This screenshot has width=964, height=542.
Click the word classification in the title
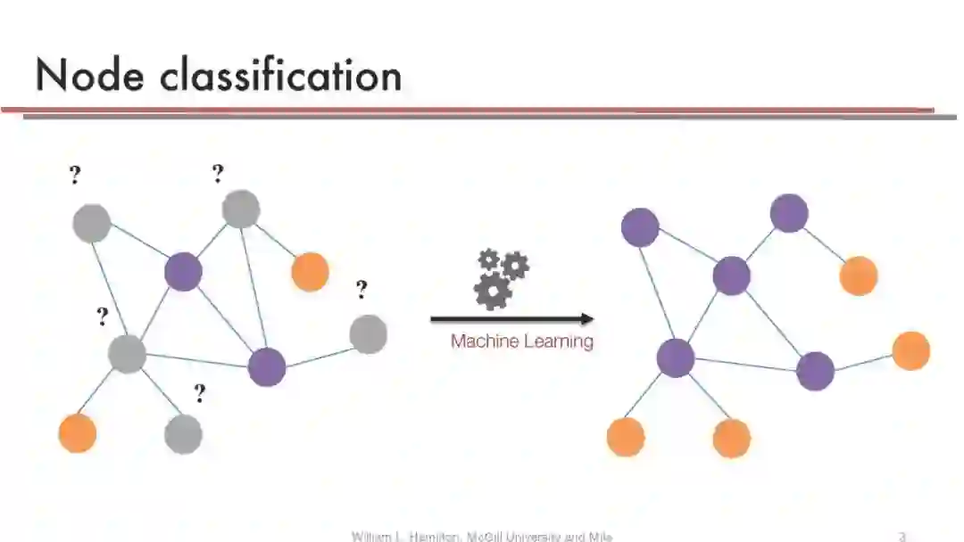pyautogui.click(x=281, y=76)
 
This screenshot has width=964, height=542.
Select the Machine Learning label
pyautogui.click(x=521, y=341)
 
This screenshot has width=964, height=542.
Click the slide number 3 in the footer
pyautogui.click(x=902, y=537)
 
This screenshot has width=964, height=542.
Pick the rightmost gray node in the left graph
pyautogui.click(x=368, y=334)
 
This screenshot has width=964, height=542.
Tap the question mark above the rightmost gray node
pyautogui.click(x=361, y=290)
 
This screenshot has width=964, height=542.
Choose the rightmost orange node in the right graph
pyautogui.click(x=910, y=350)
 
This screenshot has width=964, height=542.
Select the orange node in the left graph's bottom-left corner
pyautogui.click(x=78, y=433)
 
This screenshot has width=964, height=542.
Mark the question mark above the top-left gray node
pyautogui.click(x=75, y=176)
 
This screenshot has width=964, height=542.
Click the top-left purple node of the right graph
pyautogui.click(x=640, y=227)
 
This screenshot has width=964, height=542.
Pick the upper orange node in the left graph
pyautogui.click(x=310, y=271)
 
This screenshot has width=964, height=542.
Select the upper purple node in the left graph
pyautogui.click(x=183, y=271)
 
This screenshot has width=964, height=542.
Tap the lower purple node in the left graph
pyautogui.click(x=266, y=367)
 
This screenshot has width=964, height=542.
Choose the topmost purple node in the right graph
pyautogui.click(x=789, y=213)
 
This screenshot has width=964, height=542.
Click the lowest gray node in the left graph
pyautogui.click(x=183, y=434)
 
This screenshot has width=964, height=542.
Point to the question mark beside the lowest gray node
pyautogui.click(x=199, y=393)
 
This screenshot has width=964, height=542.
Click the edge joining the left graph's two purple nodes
pyautogui.click(x=225, y=319)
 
